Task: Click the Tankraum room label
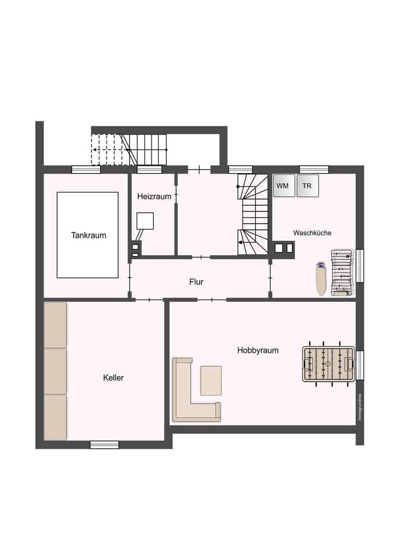tap(89, 236)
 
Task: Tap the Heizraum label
tap(154, 196)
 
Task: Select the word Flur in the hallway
tap(196, 282)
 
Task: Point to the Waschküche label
tap(312, 232)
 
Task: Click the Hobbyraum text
tap(258, 350)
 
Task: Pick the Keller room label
tap(113, 377)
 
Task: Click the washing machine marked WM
tap(283, 186)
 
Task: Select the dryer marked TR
tap(308, 186)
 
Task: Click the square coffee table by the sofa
tap(211, 381)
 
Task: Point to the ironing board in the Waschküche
tap(321, 279)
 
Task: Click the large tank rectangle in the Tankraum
tap(88, 235)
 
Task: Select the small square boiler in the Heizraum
tap(145, 220)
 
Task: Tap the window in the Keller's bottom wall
tap(104, 445)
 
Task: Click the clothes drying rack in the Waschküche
tap(341, 272)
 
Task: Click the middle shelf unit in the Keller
tap(55, 371)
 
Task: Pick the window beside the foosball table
tap(359, 365)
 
